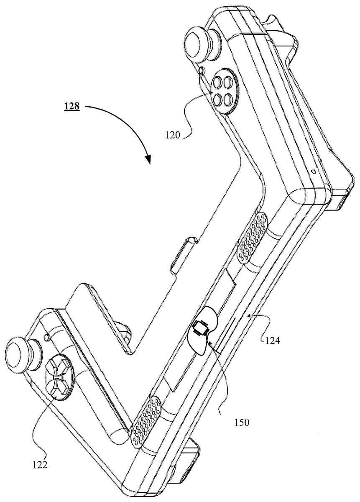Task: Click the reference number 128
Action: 71,106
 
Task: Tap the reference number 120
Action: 173,135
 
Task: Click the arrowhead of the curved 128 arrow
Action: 148,159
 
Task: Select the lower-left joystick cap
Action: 15,364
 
